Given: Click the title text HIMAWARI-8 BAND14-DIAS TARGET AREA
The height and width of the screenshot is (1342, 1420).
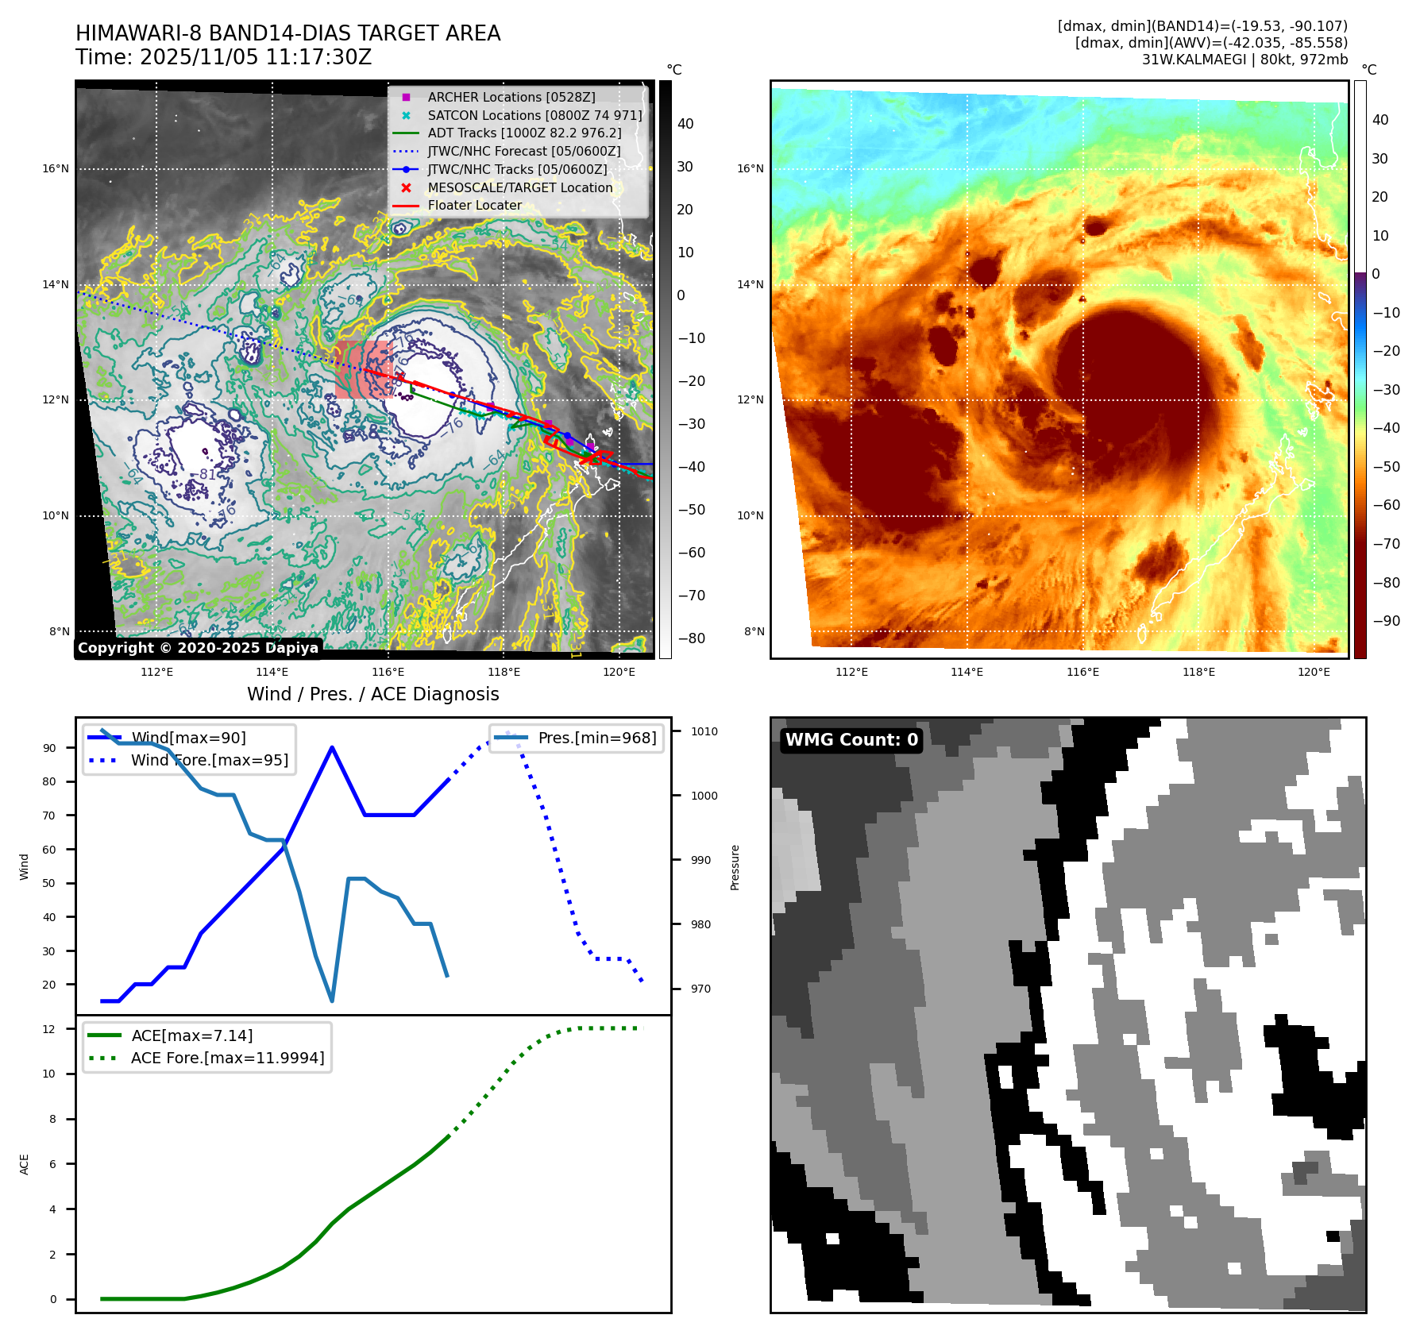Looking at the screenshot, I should (x=287, y=33).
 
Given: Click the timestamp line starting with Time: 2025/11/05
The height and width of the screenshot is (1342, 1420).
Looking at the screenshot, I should (x=223, y=57).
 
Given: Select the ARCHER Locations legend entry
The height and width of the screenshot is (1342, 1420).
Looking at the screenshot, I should (x=511, y=97).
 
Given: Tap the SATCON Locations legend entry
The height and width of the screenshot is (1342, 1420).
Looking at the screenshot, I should (x=534, y=115).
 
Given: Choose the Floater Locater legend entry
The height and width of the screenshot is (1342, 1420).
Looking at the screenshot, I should (x=474, y=205).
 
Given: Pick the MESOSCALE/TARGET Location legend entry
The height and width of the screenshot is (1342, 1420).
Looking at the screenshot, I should (x=519, y=187).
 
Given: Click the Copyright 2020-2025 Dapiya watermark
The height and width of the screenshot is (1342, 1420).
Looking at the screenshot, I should (x=198, y=648).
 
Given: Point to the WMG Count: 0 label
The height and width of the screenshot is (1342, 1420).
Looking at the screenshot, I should (x=851, y=740).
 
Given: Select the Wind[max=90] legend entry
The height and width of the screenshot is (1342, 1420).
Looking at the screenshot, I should (x=188, y=738).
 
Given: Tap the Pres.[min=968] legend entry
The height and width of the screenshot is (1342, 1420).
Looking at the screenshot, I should (x=596, y=738).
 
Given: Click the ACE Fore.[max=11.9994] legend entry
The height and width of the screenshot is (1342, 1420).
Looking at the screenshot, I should (x=227, y=1058).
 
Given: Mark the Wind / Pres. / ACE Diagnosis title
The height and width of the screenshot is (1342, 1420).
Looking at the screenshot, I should (x=372, y=694).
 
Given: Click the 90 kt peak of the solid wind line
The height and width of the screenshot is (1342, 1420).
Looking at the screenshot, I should (x=331, y=747).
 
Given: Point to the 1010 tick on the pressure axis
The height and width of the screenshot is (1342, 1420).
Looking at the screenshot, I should (x=704, y=731).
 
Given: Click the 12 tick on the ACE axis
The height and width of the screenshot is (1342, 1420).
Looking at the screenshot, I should (x=49, y=1029).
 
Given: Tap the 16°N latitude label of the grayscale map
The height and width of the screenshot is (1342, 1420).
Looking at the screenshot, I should (x=56, y=168).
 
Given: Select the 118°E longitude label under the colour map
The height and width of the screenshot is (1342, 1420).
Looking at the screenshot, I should (x=1198, y=672).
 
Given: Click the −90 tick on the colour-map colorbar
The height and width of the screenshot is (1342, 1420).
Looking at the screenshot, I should (x=1386, y=621).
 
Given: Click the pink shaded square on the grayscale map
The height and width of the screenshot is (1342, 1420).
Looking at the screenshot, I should (x=363, y=369).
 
